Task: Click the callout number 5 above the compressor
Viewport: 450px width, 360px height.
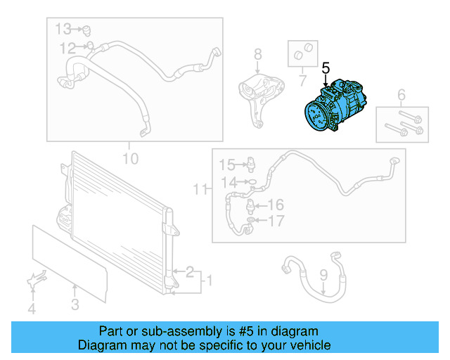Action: tap(326, 68)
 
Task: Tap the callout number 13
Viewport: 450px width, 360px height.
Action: tap(64, 29)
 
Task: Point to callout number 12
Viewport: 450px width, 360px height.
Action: tap(67, 49)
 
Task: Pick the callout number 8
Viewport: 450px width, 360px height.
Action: tap(257, 53)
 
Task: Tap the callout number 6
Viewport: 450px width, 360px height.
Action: tap(401, 95)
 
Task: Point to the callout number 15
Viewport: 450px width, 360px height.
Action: tap(226, 165)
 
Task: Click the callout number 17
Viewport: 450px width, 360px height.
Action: tap(276, 221)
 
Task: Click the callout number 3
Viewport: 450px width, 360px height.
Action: tap(75, 304)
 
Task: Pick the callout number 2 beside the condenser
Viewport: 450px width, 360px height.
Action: tap(189, 270)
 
